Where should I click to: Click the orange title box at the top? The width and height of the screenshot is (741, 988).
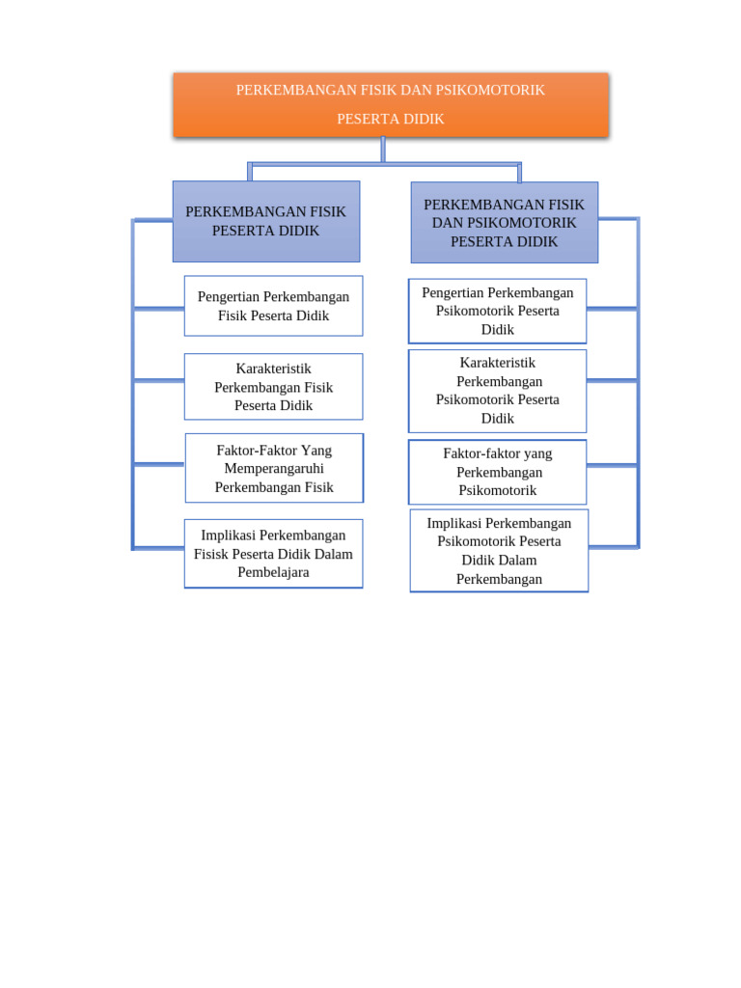pyautogui.click(x=391, y=104)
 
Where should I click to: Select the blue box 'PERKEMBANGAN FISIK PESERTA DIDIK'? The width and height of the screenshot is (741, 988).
pyautogui.click(x=266, y=221)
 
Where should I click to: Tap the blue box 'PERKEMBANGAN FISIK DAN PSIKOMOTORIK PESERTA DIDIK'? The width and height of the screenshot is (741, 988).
pyautogui.click(x=504, y=223)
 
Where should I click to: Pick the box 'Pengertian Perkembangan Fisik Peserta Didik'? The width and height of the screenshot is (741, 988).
pyautogui.click(x=273, y=306)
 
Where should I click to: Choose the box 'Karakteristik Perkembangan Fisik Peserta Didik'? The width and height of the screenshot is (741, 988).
pyautogui.click(x=273, y=386)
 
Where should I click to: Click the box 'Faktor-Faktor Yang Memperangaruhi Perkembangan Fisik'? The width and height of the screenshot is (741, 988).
pyautogui.click(x=274, y=468)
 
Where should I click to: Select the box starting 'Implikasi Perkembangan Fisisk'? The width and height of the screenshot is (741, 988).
pyautogui.click(x=273, y=554)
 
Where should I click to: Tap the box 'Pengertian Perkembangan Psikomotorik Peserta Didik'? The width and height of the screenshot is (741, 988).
pyautogui.click(x=498, y=311)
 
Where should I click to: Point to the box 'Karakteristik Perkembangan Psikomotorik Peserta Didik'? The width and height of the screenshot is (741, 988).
pyautogui.click(x=498, y=391)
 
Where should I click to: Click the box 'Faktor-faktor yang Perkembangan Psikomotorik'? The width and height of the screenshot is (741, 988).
pyautogui.click(x=498, y=472)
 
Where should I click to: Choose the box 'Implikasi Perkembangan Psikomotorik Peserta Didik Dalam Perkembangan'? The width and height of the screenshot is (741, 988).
pyautogui.click(x=499, y=551)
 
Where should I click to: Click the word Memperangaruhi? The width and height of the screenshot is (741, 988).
pyautogui.click(x=274, y=469)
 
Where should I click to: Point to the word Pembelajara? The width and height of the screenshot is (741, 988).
pyautogui.click(x=273, y=572)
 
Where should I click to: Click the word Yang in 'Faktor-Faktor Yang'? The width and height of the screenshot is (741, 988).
pyautogui.click(x=316, y=451)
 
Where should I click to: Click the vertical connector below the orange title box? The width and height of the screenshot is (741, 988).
pyautogui.click(x=383, y=150)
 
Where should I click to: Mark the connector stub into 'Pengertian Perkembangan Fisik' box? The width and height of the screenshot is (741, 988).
pyautogui.click(x=159, y=308)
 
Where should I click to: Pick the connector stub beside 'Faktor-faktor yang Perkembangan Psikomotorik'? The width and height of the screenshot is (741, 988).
pyautogui.click(x=612, y=465)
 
